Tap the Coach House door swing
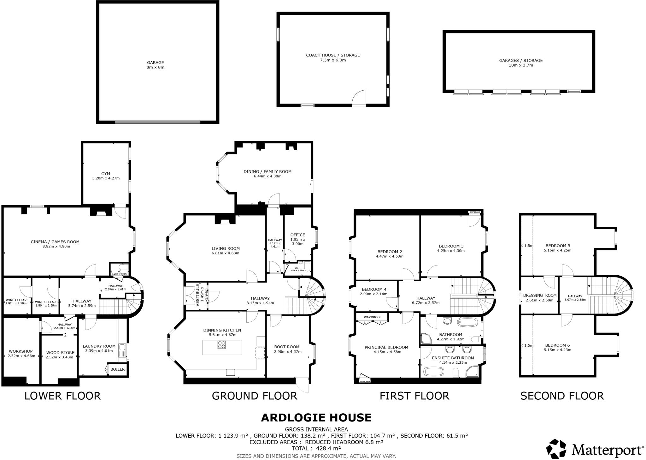pyautogui.click(x=359, y=98)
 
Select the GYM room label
pyautogui.click(x=106, y=174)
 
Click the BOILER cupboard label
pyautogui.click(x=117, y=369)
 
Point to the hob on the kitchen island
pyautogui.click(x=221, y=345)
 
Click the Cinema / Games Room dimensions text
pyautogui.click(x=55, y=246)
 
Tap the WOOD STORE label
pyautogui.click(x=60, y=353)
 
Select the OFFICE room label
pyautogui.click(x=297, y=235)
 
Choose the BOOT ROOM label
pyautogui.click(x=286, y=347)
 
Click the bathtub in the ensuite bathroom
pyautogui.click(x=433, y=371)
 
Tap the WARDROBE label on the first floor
pyautogui.click(x=373, y=317)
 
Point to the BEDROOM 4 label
pyautogui.click(x=374, y=289)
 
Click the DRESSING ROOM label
pyautogui.click(x=540, y=296)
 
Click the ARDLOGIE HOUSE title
pyautogui.click(x=316, y=418)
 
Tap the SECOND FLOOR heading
pyautogui.click(x=562, y=396)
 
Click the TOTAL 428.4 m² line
pyautogui.click(x=316, y=448)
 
